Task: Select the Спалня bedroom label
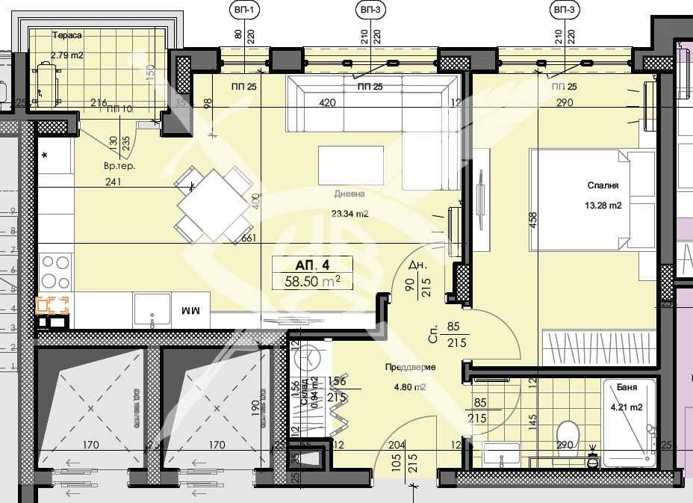(x=603, y=187)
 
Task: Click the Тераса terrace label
(x=66, y=35)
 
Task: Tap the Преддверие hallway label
(x=410, y=367)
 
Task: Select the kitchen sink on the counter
(x=152, y=309)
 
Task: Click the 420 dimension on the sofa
(x=327, y=103)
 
